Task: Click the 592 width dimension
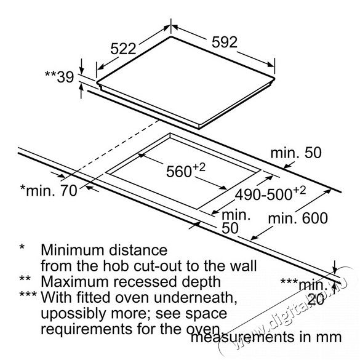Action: pyautogui.click(x=225, y=42)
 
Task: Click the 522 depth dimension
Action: pyautogui.click(x=123, y=49)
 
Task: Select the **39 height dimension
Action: pyautogui.click(x=59, y=77)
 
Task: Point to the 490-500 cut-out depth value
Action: pyautogui.click(x=270, y=194)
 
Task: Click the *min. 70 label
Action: pyautogui.click(x=49, y=190)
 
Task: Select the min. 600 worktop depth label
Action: pyautogui.click(x=298, y=218)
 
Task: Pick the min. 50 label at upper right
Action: pyautogui.click(x=296, y=153)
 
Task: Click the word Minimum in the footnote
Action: pyautogui.click(x=72, y=250)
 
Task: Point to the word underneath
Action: pyautogui.click(x=196, y=297)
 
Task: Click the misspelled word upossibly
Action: pyautogui.click(x=73, y=314)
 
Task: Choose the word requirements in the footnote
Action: pyautogui.click(x=87, y=330)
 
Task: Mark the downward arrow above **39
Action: pyautogui.click(x=81, y=66)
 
